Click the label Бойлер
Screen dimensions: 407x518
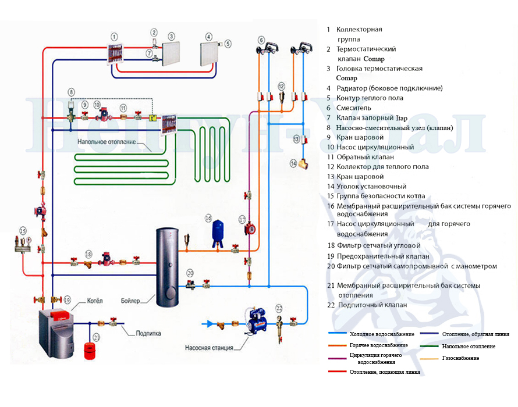click(x=131, y=301)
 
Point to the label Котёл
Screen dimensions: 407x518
click(x=94, y=301)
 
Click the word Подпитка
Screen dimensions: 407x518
click(x=148, y=333)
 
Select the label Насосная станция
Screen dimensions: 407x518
click(x=209, y=348)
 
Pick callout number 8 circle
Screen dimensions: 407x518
click(x=71, y=92)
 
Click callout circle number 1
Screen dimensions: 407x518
click(x=114, y=36)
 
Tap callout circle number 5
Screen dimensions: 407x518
click(x=228, y=44)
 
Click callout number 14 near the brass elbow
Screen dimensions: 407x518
click(x=294, y=164)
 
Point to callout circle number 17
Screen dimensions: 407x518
click(x=242, y=219)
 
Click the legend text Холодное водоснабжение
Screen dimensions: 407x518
click(x=382, y=334)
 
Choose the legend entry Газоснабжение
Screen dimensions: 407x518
click(x=460, y=358)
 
